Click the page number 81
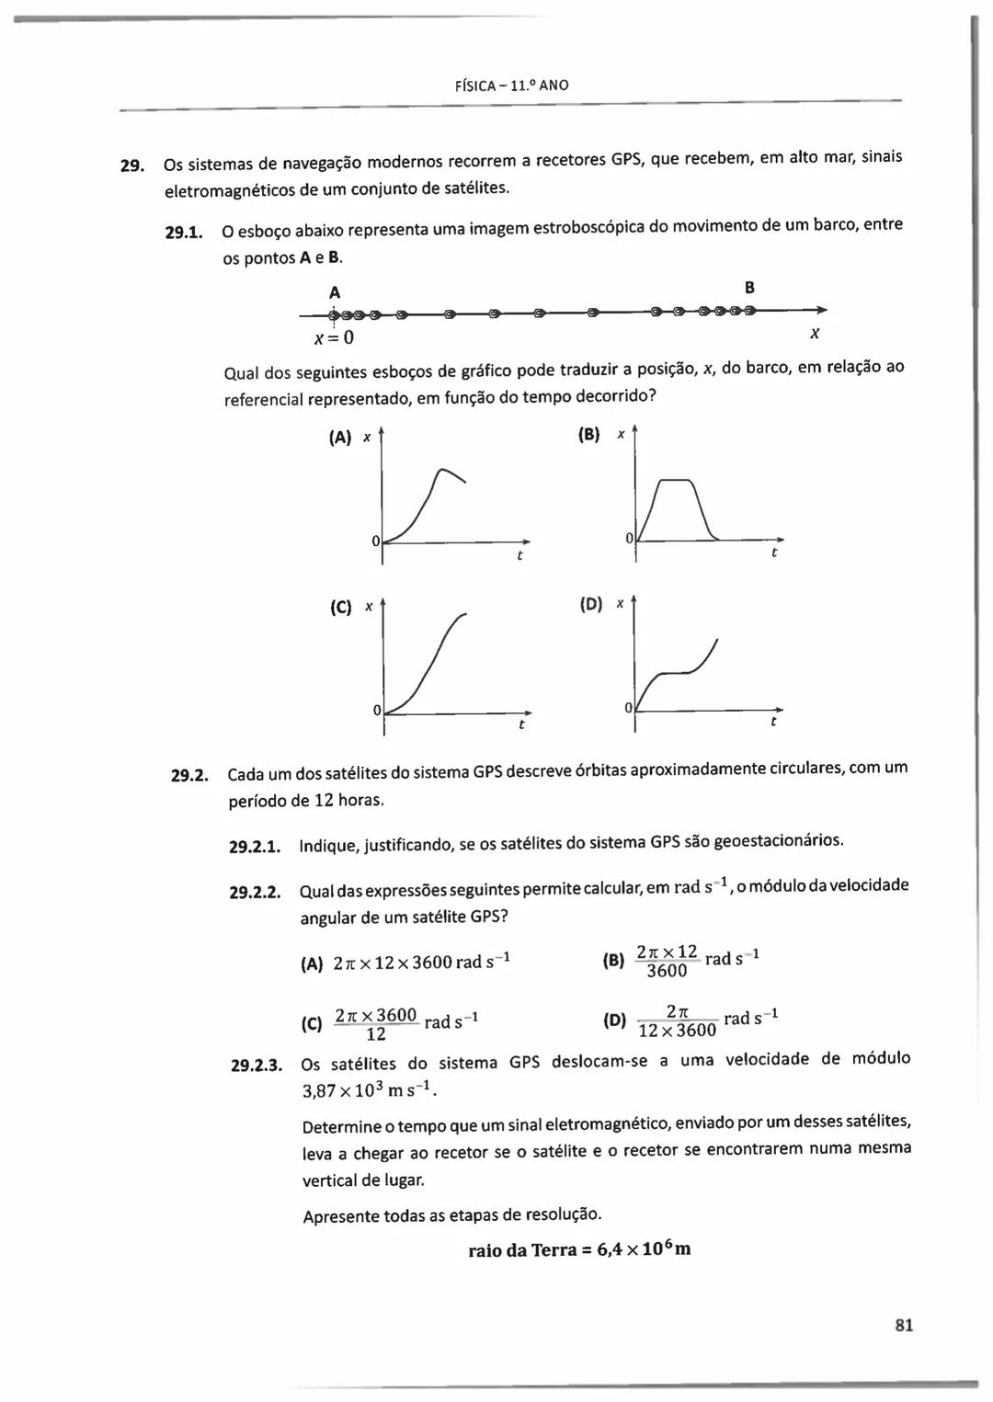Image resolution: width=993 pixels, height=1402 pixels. tap(903, 1325)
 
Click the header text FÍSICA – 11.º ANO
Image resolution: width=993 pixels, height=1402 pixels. tap(512, 85)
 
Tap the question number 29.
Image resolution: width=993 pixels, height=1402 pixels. tap(131, 166)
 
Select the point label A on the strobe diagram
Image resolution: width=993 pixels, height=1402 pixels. tap(335, 292)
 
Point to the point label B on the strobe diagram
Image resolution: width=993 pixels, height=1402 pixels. tap(749, 288)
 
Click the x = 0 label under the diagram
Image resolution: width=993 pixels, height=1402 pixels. tap(333, 338)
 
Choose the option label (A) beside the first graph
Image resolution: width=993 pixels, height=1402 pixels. tap(340, 438)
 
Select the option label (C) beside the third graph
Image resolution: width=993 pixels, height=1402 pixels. tap(339, 608)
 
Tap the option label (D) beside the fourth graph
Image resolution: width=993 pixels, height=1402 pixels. tap(591, 604)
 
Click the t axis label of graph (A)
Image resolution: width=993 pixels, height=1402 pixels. tap(519, 556)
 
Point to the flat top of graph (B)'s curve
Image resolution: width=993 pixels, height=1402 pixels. tap(676, 480)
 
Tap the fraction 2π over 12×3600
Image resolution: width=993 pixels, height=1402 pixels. tap(677, 1020)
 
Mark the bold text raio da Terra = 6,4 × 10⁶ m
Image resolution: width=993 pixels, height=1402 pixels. tap(579, 1249)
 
